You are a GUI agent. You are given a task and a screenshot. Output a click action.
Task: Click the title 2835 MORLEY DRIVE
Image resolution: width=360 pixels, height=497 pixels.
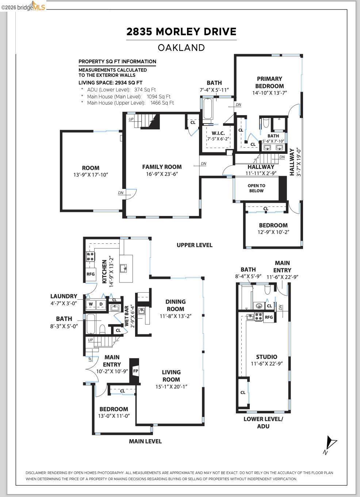(181, 32)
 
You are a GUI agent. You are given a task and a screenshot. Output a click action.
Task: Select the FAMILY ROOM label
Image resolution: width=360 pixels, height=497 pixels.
(162, 167)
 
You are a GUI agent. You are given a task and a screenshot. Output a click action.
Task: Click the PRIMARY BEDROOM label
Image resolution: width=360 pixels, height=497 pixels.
(269, 82)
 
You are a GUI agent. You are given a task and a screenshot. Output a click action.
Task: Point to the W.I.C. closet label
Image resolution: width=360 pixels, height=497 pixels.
(218, 133)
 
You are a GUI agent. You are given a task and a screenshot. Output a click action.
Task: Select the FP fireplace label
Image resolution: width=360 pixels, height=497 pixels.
(135, 371)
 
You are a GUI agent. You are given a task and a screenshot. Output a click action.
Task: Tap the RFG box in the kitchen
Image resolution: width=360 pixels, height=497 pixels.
(91, 274)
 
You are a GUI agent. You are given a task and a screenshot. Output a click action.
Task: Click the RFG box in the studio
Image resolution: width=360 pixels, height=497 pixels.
(269, 317)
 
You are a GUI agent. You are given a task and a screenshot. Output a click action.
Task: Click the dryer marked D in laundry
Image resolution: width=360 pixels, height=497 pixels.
(101, 304)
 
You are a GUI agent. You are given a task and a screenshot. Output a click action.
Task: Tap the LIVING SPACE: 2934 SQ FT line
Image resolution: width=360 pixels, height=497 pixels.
(111, 83)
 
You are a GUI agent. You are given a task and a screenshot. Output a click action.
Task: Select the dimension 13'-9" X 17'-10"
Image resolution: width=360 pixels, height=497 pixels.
(91, 175)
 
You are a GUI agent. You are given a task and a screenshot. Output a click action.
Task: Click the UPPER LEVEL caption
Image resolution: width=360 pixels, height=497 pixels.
(194, 245)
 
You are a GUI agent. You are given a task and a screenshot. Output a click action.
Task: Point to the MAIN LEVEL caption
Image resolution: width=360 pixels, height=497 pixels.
(145, 441)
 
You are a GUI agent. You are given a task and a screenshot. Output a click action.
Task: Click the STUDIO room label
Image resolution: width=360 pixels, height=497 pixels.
(266, 357)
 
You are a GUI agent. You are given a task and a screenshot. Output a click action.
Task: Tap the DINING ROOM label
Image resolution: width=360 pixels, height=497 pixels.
(175, 305)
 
